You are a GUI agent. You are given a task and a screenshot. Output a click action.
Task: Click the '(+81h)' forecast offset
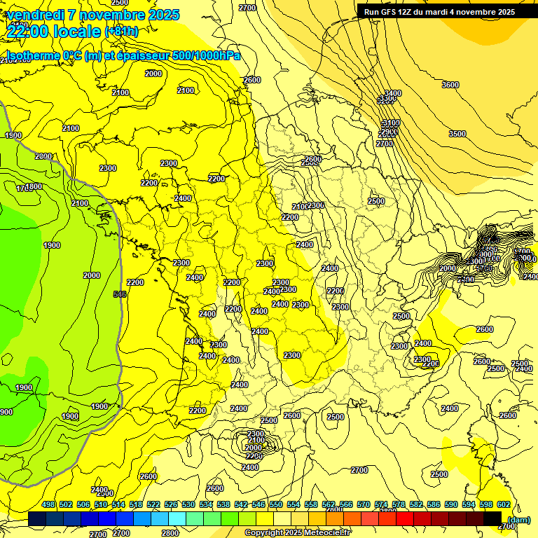click(121, 32)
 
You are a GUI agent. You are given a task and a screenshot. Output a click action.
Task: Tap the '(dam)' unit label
click(518, 519)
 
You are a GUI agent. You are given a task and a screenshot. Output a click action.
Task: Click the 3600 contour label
click(450, 85)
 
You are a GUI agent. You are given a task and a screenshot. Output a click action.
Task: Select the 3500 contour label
click(457, 134)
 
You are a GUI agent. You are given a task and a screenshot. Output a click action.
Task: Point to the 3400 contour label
click(393, 93)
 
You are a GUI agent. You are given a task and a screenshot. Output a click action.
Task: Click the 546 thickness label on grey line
click(120, 295)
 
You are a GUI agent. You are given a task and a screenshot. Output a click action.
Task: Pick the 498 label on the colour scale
click(48, 504)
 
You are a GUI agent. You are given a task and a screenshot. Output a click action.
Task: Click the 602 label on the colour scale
click(503, 504)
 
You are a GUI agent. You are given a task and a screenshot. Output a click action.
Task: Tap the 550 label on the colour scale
click(275, 504)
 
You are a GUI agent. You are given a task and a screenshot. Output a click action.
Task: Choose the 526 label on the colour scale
click(171, 504)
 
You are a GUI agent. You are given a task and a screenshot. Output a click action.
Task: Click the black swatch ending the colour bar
click(492, 519)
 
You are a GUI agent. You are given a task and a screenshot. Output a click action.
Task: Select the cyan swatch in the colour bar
click(177, 519)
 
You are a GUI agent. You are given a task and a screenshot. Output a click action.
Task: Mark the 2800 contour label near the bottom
click(170, 533)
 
